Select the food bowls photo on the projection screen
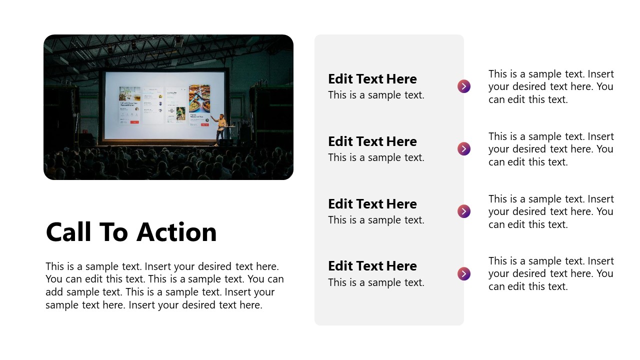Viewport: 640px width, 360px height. (x=199, y=98)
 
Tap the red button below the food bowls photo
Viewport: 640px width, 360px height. (x=204, y=124)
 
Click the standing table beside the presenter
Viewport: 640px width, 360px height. (x=230, y=132)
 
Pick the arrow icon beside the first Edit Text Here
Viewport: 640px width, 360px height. (x=464, y=86)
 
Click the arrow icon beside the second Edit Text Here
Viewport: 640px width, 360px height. (x=464, y=149)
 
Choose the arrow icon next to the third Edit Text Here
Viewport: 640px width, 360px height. (x=464, y=211)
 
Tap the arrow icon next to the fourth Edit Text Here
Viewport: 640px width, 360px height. (x=464, y=274)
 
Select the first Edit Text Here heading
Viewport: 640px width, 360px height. (x=372, y=79)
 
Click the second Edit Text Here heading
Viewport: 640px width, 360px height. (x=372, y=141)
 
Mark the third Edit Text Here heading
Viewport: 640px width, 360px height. (x=372, y=204)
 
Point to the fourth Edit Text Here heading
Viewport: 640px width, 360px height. (x=372, y=266)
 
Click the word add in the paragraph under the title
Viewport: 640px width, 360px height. (x=54, y=292)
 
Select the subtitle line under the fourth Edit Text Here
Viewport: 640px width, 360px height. (x=376, y=282)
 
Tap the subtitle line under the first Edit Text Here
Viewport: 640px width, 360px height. (x=376, y=95)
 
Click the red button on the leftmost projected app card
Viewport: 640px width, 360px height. (x=134, y=122)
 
